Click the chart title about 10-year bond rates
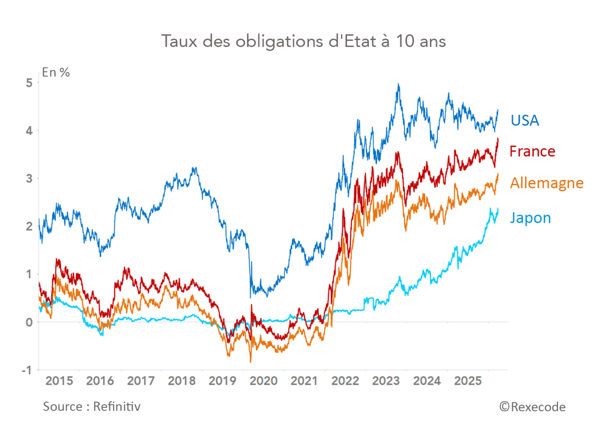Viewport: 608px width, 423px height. point(304,42)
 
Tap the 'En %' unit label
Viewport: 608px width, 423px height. point(56,73)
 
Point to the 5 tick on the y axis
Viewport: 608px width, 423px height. point(29,83)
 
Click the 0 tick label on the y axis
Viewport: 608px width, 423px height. point(29,322)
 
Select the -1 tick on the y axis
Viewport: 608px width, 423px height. point(27,370)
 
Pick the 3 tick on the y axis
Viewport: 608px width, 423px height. point(29,179)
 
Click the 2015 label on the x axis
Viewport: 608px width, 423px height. point(59,381)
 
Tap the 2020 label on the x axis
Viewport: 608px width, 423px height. point(263,381)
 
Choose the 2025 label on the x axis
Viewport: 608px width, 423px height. point(468,381)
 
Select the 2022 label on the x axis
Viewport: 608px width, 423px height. point(345,381)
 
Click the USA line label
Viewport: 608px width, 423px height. point(524,120)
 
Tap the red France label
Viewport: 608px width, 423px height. point(532,152)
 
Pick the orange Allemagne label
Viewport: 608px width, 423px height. point(546,183)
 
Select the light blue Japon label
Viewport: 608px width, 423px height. point(530,218)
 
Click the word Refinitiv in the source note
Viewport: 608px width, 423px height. point(117,407)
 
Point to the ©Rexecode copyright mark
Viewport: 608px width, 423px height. point(532,407)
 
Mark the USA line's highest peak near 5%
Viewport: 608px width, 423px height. point(398,84)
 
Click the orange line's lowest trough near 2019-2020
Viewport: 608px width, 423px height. point(250,362)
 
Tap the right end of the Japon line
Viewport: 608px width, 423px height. point(498,209)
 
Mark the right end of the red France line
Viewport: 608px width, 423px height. point(498,139)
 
